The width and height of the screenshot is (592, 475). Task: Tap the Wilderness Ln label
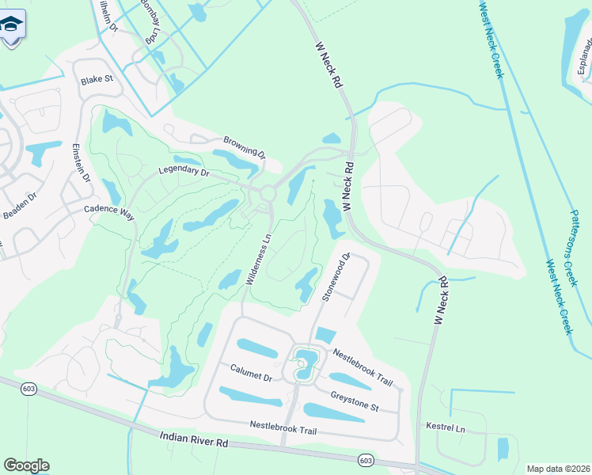click(259, 257)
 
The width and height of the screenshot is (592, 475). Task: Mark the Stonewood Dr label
click(335, 277)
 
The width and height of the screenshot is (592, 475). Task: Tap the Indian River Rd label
click(193, 439)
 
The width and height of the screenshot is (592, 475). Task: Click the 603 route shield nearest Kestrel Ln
click(365, 460)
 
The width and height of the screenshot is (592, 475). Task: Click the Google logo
click(26, 465)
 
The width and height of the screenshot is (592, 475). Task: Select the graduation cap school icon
click(11, 27)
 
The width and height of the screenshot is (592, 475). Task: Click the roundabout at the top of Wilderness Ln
click(268, 192)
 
